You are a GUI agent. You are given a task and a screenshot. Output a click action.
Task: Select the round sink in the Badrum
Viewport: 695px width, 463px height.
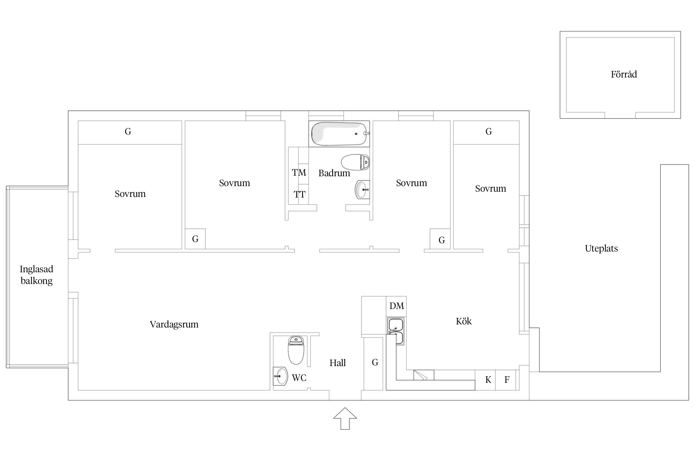[362, 190]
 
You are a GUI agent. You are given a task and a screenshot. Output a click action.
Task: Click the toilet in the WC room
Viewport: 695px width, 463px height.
[296, 350]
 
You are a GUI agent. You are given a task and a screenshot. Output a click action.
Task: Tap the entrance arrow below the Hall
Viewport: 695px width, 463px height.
[345, 418]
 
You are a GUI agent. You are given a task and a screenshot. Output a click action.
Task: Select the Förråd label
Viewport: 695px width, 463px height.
[624, 74]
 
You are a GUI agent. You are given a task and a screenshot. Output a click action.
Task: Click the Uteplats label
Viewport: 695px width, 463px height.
[601, 249]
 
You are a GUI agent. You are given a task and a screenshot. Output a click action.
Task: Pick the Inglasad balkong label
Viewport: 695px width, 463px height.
[36, 275]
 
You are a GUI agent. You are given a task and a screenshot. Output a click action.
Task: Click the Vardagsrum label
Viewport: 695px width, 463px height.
[174, 324]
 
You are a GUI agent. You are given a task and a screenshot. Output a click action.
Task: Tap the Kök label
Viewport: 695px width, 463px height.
[464, 321]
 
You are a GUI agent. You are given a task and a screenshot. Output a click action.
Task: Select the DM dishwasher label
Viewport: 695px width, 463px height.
[397, 306]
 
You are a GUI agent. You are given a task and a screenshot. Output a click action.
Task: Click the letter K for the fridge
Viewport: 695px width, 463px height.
[488, 380]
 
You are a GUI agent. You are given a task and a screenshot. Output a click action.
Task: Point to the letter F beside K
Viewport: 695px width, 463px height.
[507, 380]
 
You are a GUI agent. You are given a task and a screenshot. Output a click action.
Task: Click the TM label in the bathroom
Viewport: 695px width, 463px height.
[299, 173]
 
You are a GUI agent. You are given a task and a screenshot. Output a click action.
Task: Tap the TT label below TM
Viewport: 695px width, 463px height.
[299, 194]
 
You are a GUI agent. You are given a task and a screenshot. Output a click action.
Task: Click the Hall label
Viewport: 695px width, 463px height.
[338, 363]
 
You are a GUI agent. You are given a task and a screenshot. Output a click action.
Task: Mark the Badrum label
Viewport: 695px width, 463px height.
[334, 173]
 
